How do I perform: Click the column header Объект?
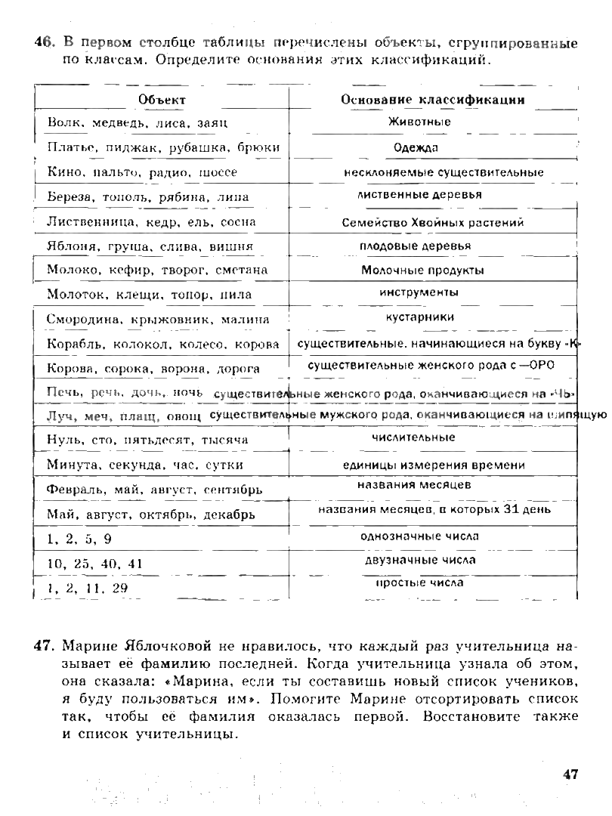162,100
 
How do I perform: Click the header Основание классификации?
433,100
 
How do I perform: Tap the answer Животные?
419,122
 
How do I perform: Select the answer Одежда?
416,148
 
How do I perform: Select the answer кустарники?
420,317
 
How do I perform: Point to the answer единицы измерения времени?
434,465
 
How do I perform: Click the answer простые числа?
419,583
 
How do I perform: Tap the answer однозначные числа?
420,536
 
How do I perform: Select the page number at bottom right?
570,773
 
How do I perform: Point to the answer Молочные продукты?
422,270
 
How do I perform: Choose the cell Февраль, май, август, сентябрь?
155,490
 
